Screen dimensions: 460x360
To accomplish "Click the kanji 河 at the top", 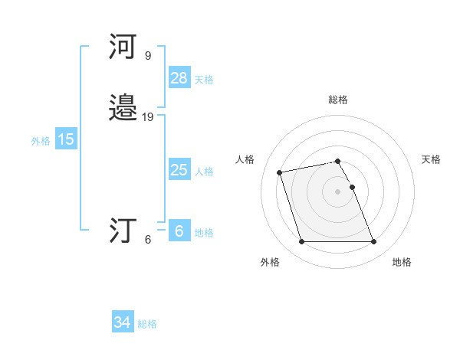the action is click(x=123, y=48).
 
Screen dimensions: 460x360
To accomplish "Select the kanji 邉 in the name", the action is click(x=123, y=110).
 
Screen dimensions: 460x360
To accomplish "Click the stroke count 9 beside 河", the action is click(x=148, y=56).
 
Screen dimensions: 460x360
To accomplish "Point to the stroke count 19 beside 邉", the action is click(x=148, y=117).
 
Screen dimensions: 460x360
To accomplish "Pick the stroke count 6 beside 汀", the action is click(x=148, y=239).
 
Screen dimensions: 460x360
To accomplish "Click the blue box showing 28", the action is click(x=179, y=78).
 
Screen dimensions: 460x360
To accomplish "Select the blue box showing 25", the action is click(x=179, y=170).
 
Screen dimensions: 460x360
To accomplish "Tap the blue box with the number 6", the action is click(x=179, y=231).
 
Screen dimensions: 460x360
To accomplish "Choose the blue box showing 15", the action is click(x=66, y=139).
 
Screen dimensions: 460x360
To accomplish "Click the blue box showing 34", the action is click(x=122, y=323).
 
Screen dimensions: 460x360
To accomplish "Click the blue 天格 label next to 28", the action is click(x=204, y=80).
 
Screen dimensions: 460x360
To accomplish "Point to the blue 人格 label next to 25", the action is click(x=204, y=172).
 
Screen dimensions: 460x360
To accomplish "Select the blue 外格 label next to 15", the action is click(x=41, y=141).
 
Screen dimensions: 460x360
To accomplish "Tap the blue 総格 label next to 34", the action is click(x=147, y=325).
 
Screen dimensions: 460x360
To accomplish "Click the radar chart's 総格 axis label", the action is click(x=338, y=100).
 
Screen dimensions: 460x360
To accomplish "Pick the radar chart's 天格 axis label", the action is click(x=431, y=159).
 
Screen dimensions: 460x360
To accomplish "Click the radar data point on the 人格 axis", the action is click(x=280, y=172).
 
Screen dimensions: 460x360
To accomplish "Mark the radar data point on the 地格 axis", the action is click(x=373, y=242).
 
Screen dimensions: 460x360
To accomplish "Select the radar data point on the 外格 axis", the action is click(x=301, y=242).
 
